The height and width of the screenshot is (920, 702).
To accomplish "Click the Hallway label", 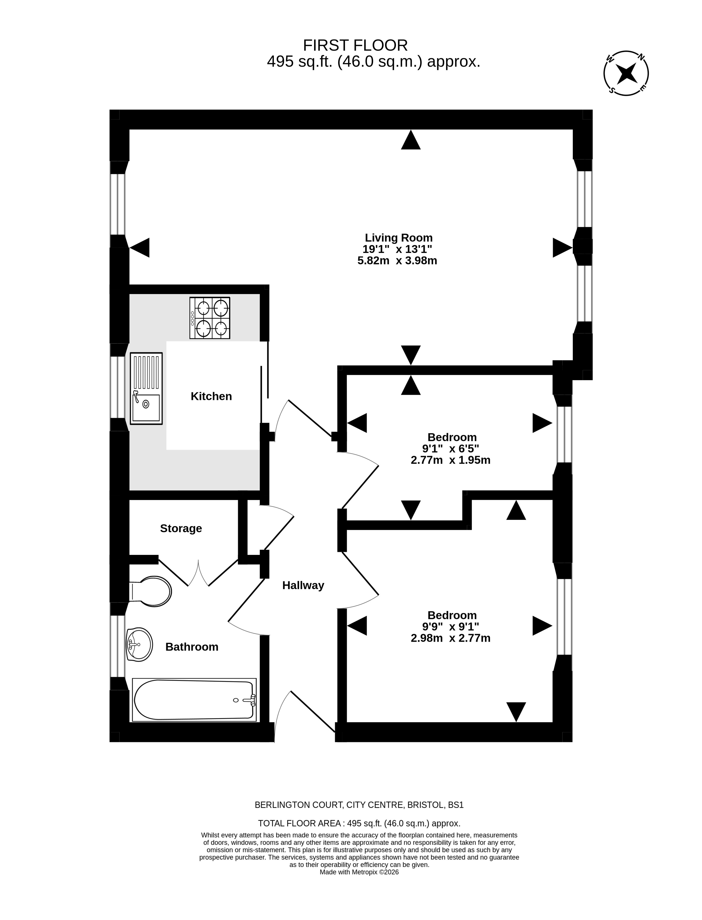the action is click(303, 585).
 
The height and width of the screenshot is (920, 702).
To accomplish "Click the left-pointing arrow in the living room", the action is click(140, 248).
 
